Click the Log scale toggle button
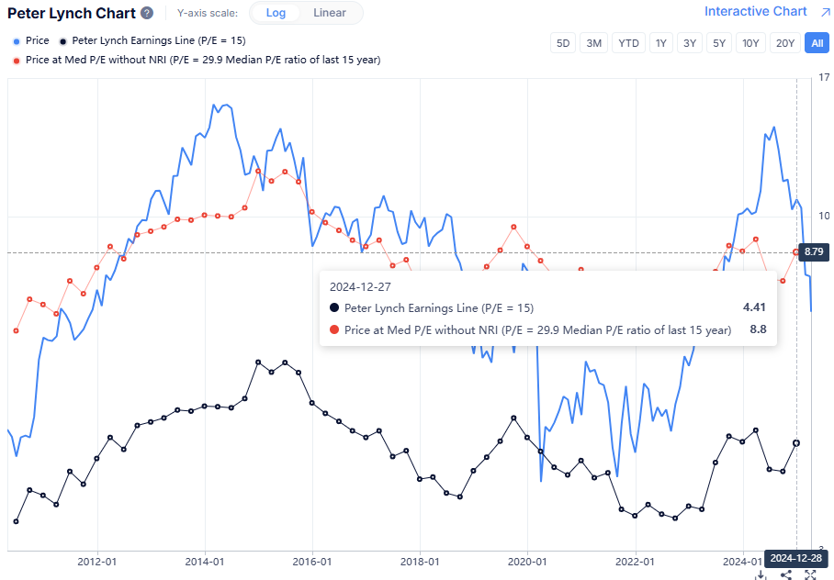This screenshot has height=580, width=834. click(276, 13)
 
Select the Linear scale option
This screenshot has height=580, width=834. click(330, 13)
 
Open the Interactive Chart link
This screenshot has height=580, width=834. click(755, 11)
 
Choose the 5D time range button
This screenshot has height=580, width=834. click(563, 43)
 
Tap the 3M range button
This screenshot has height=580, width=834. click(594, 43)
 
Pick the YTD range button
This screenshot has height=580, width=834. click(629, 43)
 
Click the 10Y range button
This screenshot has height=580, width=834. click(750, 43)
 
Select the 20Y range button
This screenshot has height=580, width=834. click(784, 43)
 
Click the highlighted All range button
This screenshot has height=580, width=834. click(816, 43)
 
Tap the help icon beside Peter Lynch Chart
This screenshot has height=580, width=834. click(147, 13)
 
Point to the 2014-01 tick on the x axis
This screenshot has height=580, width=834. click(204, 562)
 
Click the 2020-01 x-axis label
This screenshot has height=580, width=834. click(527, 562)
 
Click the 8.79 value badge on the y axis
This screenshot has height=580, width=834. click(814, 251)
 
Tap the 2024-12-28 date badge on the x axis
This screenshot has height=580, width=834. click(795, 558)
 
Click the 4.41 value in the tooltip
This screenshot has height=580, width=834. click(753, 307)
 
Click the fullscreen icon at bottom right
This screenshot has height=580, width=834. click(810, 574)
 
